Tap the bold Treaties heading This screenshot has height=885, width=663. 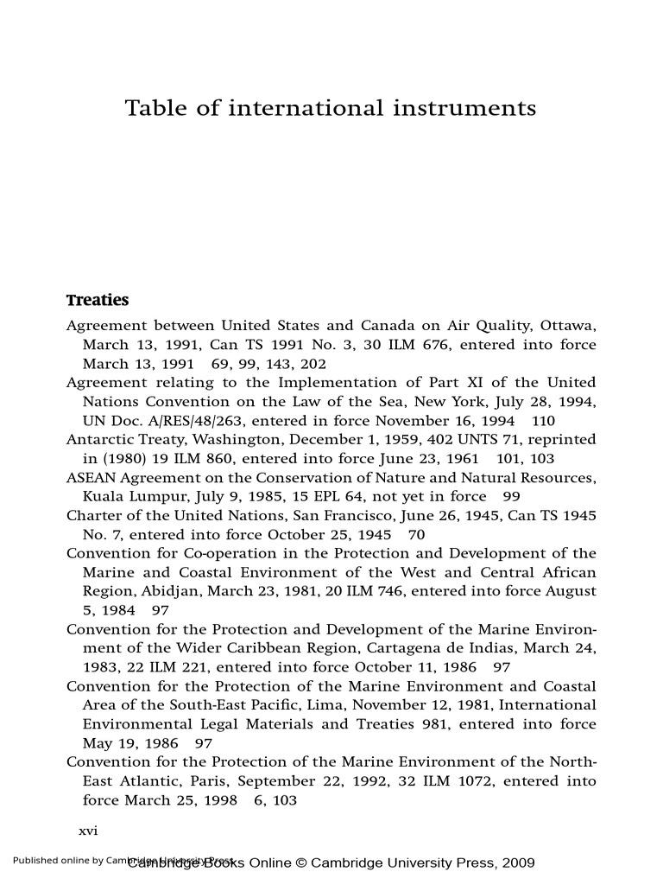click(x=98, y=301)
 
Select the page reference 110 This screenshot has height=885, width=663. click(x=543, y=421)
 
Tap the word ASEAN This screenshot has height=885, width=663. click(x=91, y=478)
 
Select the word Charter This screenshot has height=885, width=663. click(x=94, y=516)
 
